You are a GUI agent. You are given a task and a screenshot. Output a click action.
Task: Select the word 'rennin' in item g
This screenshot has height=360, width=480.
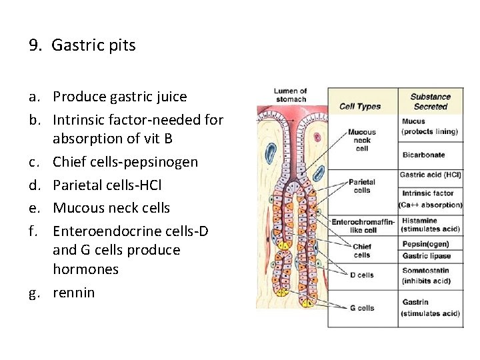coord(74,293)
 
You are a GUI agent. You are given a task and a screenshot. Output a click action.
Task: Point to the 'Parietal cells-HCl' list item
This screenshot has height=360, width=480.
coord(107,185)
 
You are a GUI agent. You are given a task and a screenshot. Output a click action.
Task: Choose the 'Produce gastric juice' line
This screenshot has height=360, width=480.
coord(120,97)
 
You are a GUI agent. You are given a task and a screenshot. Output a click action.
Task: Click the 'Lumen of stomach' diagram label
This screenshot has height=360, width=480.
coord(291,95)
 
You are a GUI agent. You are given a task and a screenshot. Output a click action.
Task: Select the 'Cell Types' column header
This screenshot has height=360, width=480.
coord(360,106)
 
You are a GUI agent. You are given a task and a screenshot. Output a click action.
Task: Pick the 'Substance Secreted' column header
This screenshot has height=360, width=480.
coord(430,101)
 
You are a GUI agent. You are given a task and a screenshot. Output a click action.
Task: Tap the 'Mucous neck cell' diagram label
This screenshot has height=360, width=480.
coord(362,140)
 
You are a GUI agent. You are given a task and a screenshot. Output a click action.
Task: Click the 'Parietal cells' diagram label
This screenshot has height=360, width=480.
coord(362,186)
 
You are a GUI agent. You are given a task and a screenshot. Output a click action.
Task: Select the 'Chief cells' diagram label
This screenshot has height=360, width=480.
coord(362,251)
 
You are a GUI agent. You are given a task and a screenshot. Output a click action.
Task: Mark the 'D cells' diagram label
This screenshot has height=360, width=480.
coord(362,275)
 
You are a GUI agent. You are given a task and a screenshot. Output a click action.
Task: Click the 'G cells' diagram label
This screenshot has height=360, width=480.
coord(362,308)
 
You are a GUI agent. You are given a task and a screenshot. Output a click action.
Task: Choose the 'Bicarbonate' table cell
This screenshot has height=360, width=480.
coord(423,155)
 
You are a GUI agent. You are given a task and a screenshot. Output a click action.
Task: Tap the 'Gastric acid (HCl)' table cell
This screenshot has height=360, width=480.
coord(430,175)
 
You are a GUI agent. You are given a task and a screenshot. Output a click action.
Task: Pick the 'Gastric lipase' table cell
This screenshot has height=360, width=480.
coord(427,256)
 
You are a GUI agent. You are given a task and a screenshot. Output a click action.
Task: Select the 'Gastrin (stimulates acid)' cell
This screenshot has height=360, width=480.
coord(431,308)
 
